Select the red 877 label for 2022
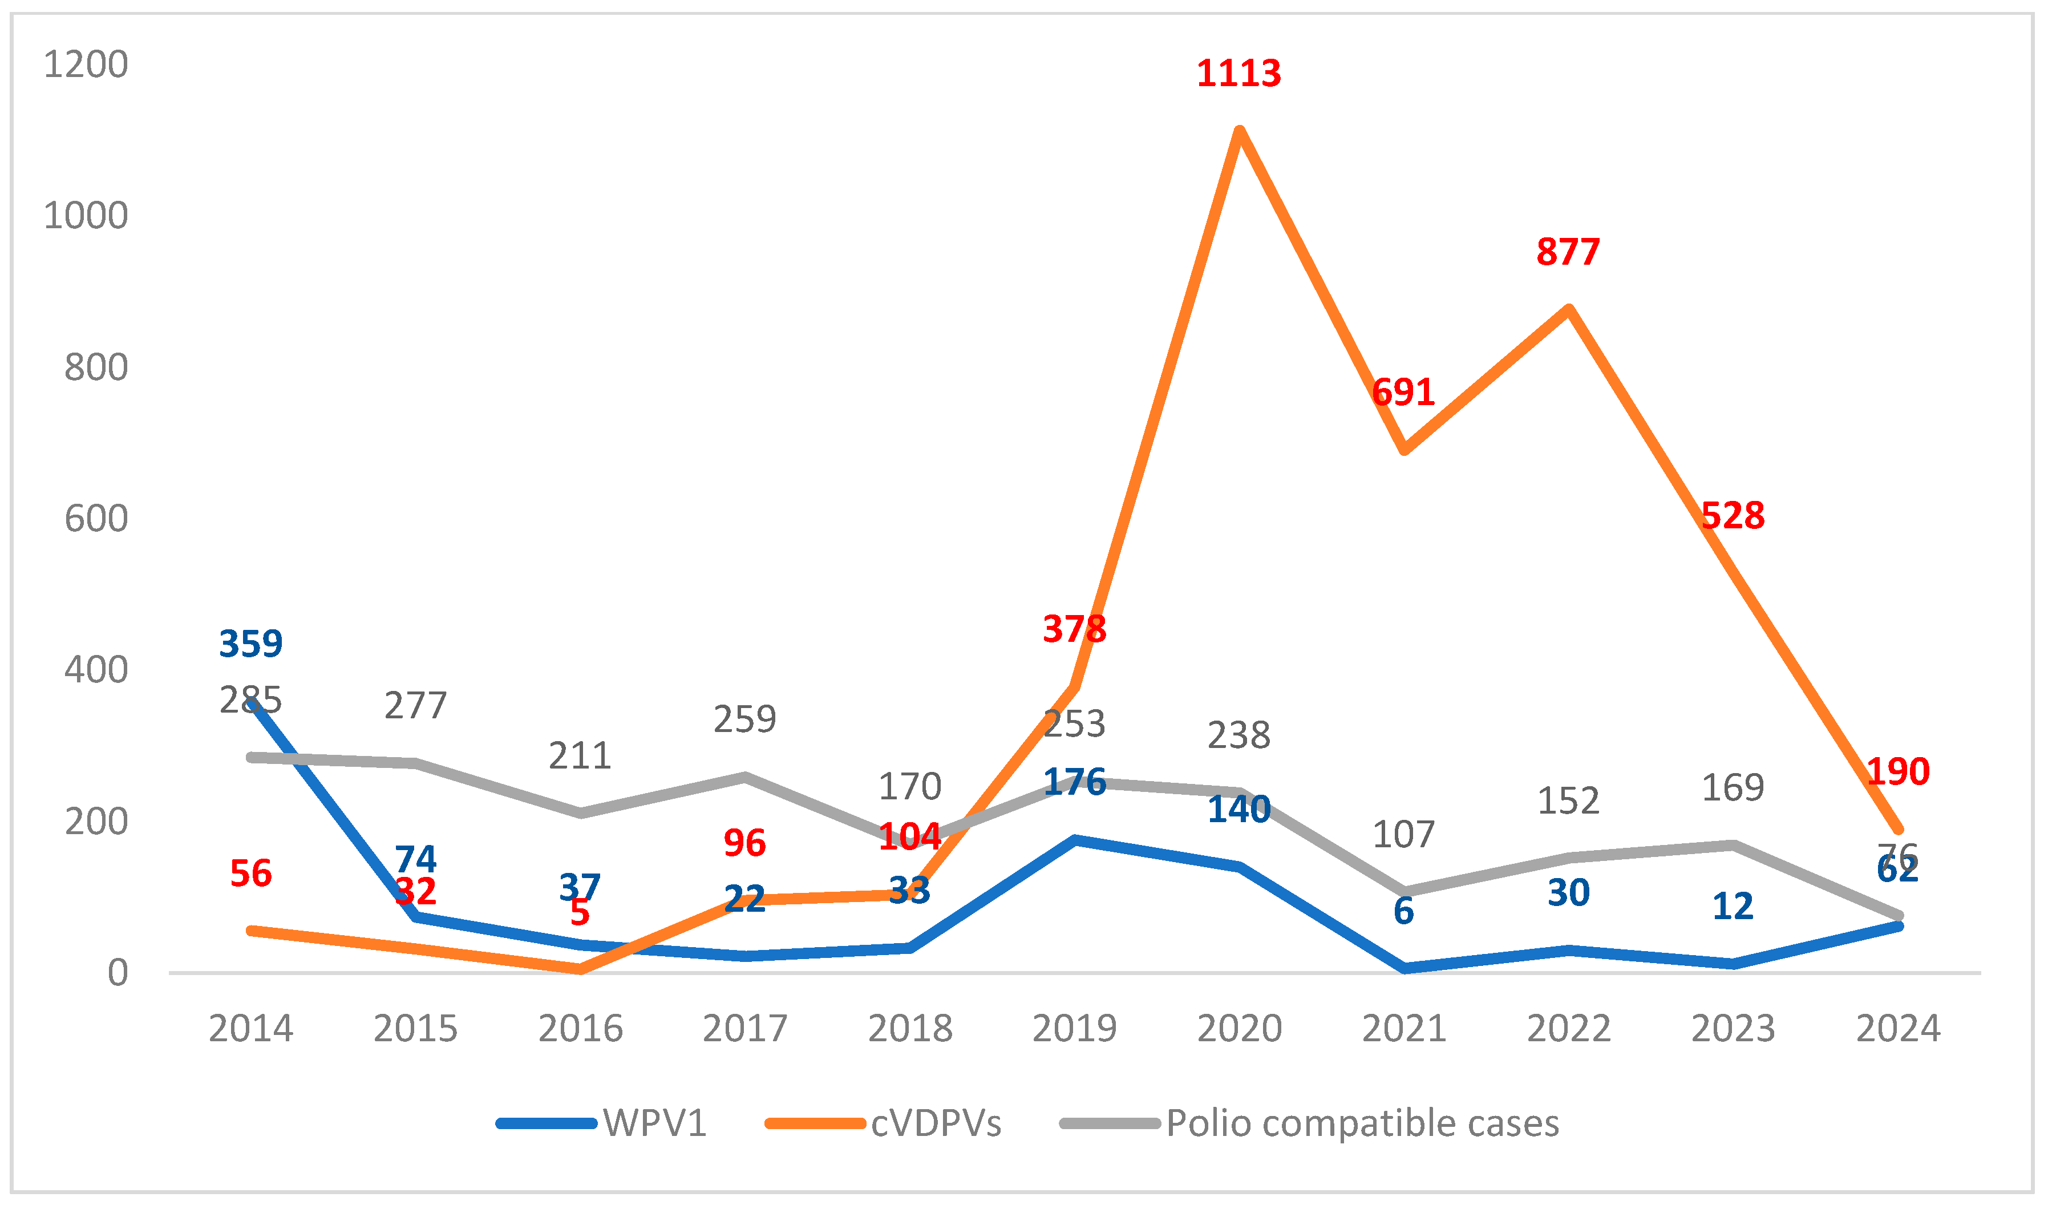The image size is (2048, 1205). pos(1568,252)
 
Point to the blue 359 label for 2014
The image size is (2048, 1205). pos(250,644)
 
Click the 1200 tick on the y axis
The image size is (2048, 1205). pos(86,64)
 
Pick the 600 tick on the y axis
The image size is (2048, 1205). pos(96,519)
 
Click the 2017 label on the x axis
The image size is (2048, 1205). pos(744,1029)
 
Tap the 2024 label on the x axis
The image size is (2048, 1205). pos(1897,1029)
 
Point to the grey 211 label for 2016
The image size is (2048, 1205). pos(580,755)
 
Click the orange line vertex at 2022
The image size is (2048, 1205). pos(1568,309)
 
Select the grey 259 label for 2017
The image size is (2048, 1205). pos(744,719)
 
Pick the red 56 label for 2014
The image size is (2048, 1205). pos(250,874)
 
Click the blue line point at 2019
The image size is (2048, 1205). pos(1074,839)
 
